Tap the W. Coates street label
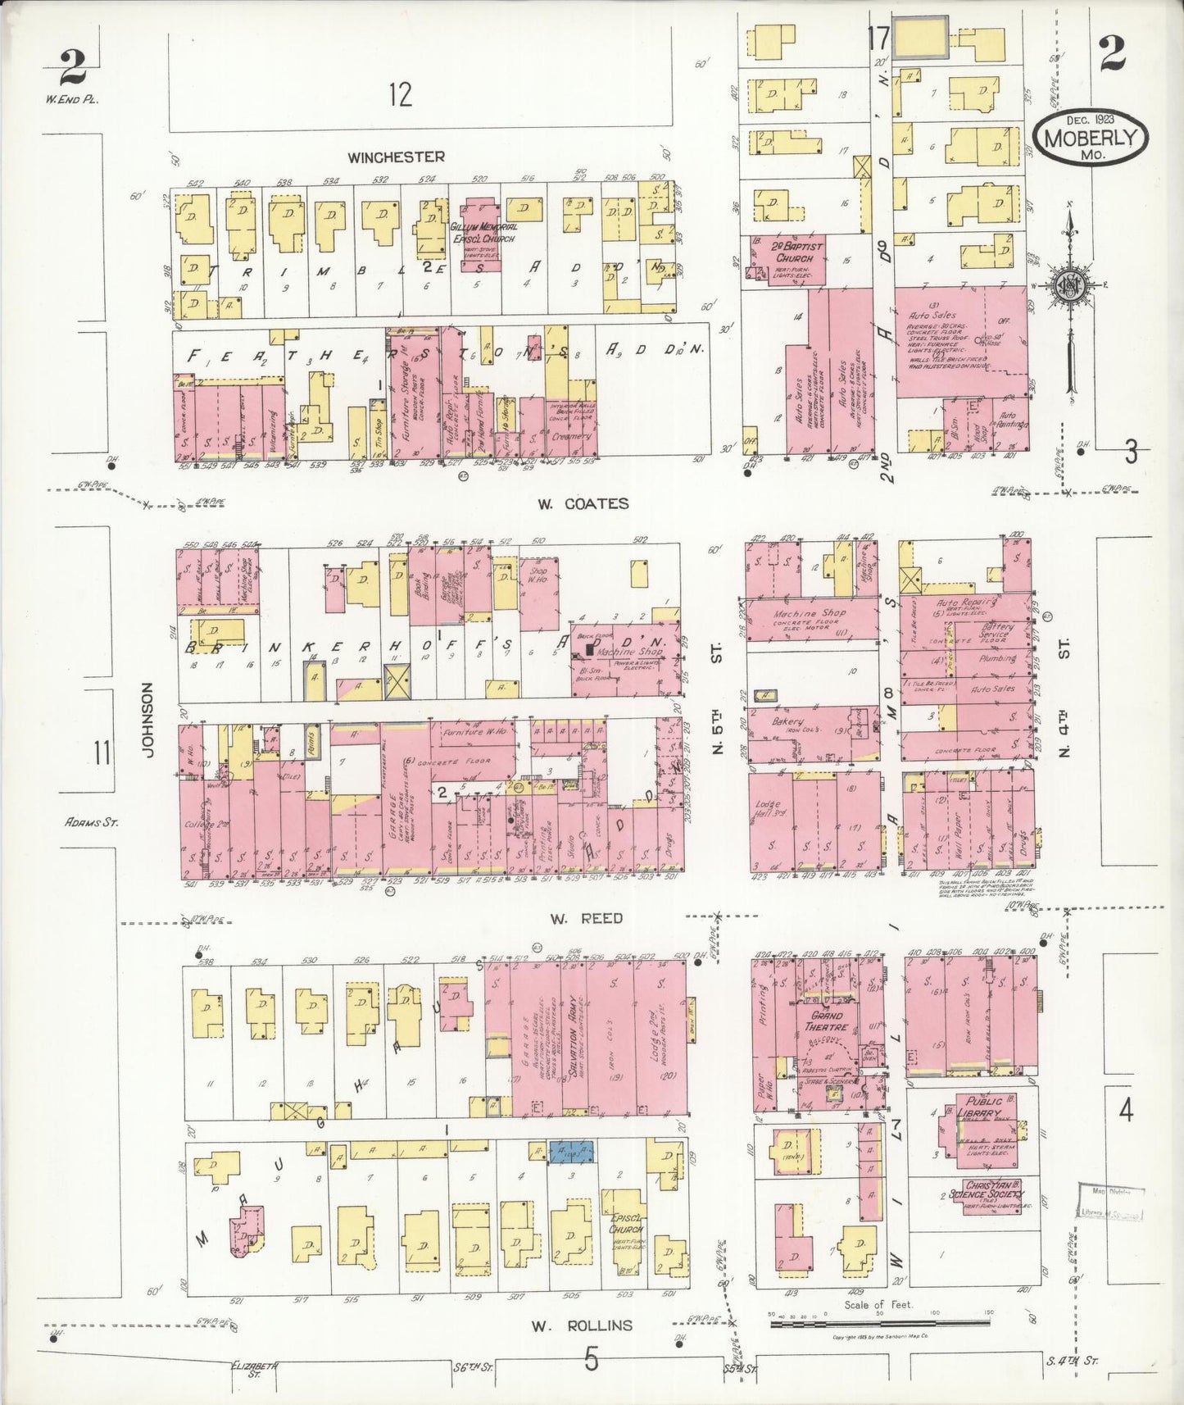coord(583,503)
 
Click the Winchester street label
coord(396,157)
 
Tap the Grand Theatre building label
coord(823,1021)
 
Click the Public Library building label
coord(983,1107)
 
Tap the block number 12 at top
coord(400,95)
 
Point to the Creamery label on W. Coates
coord(571,436)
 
